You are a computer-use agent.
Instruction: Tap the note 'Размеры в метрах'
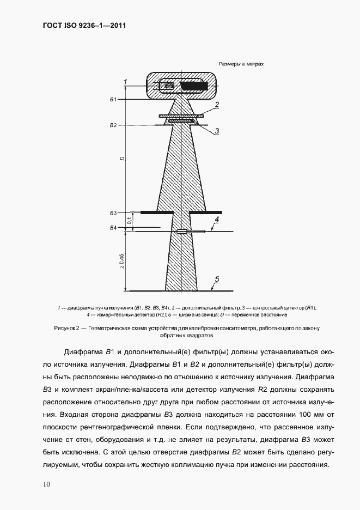pos(241,64)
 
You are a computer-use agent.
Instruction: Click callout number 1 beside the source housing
pos(126,82)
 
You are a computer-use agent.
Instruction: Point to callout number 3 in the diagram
pos(216,131)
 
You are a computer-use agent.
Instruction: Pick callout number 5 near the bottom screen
pos(216,280)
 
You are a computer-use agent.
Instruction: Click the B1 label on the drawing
pos(113,100)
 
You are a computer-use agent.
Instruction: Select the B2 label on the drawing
pos(113,125)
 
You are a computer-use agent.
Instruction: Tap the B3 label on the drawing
pos(113,212)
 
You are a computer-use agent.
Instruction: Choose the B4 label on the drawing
pos(113,227)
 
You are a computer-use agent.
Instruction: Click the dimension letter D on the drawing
pos(123,159)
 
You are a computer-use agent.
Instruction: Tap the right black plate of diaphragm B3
pos(206,212)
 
